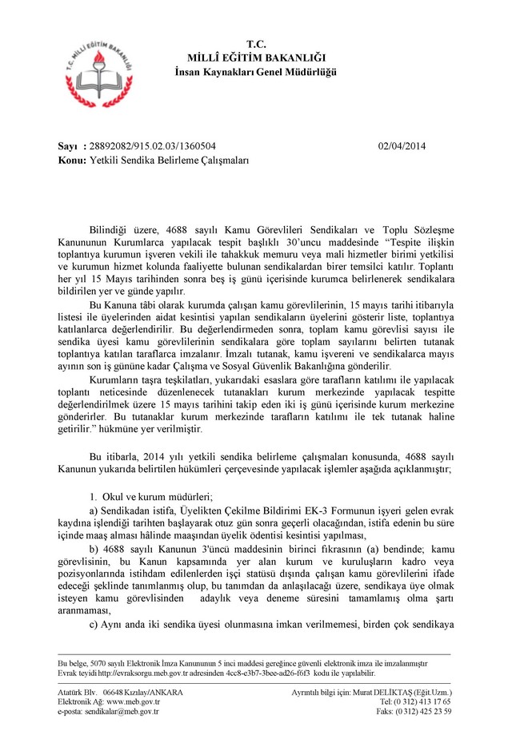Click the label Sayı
coord(69,146)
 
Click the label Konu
coord(73,160)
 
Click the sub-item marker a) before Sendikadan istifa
coord(94,511)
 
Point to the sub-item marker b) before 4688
coord(94,550)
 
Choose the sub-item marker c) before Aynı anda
coord(94,625)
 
